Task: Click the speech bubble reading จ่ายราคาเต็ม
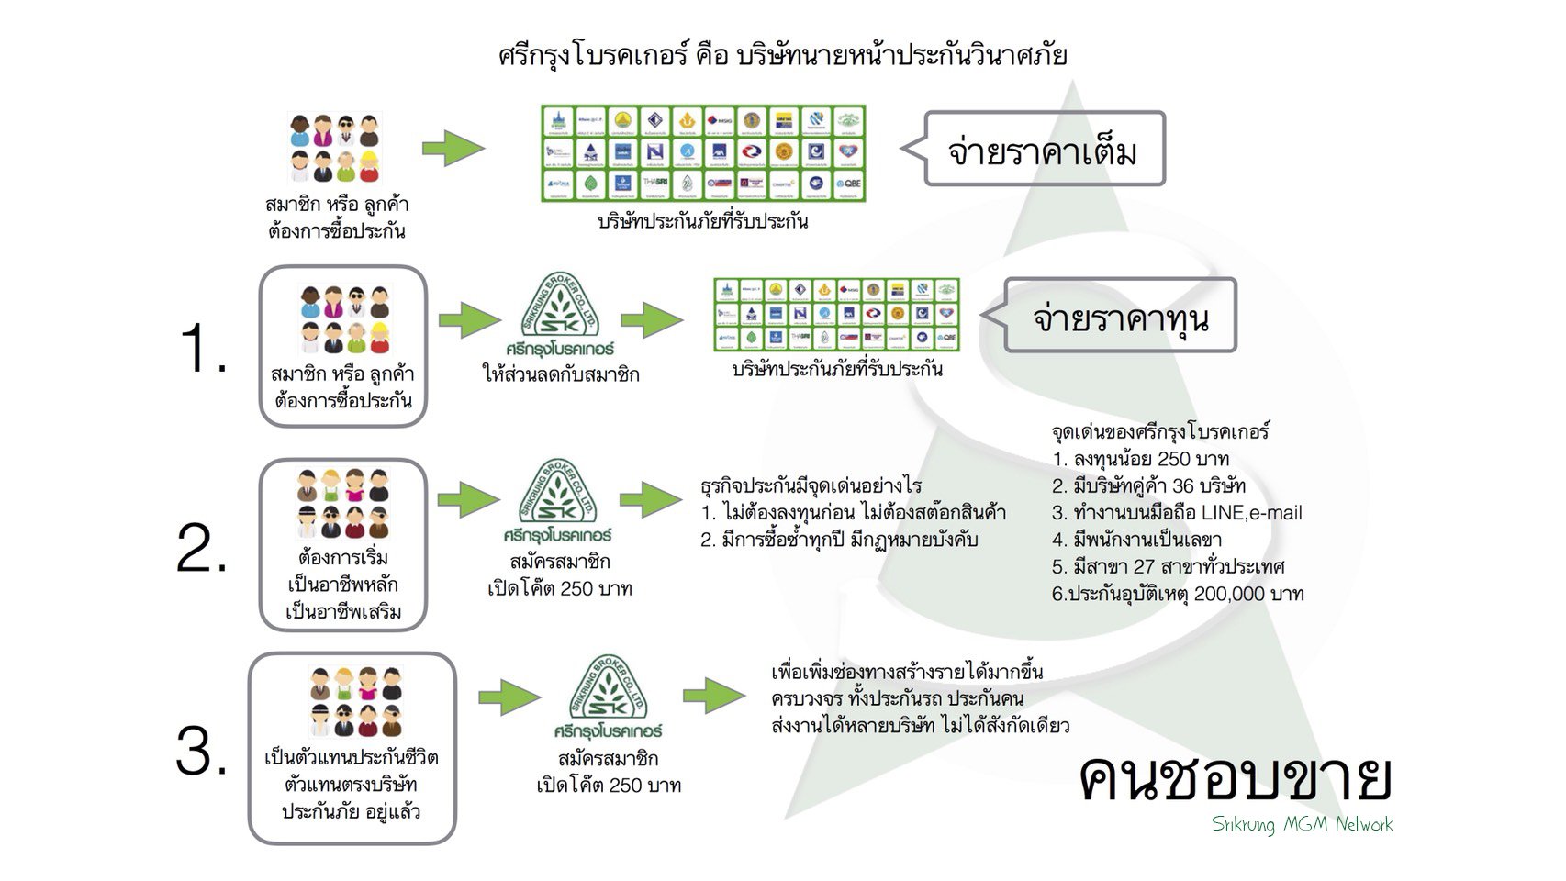[1044, 150]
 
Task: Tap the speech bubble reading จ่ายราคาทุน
[1120, 317]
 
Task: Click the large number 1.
[203, 350]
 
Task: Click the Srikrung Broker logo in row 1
[559, 318]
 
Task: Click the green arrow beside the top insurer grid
[453, 148]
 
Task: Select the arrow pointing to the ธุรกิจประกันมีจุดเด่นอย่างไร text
[652, 500]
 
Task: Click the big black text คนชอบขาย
[1235, 780]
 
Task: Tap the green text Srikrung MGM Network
[1302, 824]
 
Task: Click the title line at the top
[782, 55]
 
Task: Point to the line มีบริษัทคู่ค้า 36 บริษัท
[1148, 485]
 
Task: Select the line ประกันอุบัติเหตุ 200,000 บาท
[1178, 594]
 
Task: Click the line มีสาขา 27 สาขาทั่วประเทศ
[1168, 566]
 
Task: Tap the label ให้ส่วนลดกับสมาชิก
[561, 374]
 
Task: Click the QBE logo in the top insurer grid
[846, 184]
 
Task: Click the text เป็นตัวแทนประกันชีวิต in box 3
[351, 758]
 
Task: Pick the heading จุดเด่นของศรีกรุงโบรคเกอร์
[1160, 431]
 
